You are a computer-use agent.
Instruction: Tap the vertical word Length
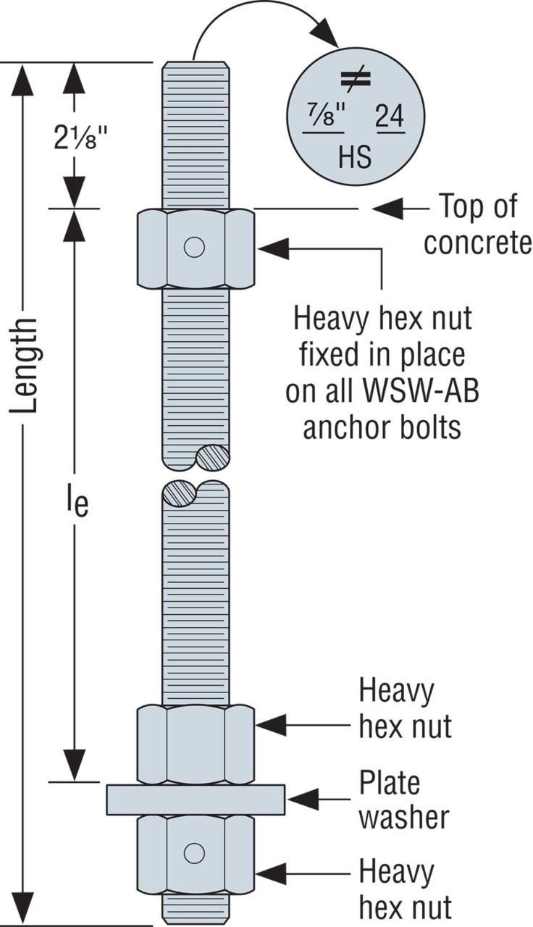[26, 365]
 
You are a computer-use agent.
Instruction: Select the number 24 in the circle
[390, 118]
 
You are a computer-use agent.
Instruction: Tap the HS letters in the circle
[355, 157]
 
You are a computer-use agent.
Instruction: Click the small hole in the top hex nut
[194, 248]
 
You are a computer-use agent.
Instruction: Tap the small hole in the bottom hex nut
[194, 852]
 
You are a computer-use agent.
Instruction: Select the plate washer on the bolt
[196, 799]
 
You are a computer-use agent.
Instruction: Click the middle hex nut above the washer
[196, 743]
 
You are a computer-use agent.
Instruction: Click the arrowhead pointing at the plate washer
[301, 800]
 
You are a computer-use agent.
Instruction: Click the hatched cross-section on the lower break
[179, 493]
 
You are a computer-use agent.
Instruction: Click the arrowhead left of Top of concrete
[387, 209]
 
